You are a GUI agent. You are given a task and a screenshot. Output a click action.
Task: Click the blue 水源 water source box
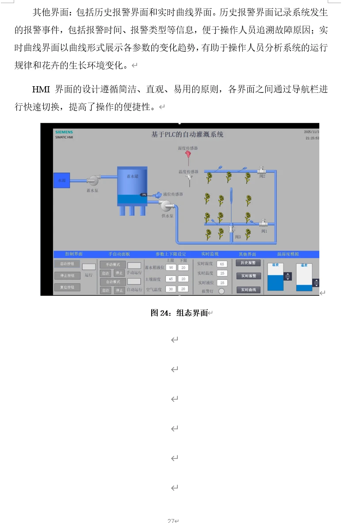(x=61, y=180)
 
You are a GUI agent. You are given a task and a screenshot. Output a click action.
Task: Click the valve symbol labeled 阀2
(x=261, y=170)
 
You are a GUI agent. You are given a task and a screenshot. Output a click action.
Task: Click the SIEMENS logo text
(x=64, y=132)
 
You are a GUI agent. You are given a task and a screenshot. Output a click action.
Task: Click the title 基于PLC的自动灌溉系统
(x=187, y=134)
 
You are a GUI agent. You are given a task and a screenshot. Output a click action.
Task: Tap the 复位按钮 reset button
(x=67, y=287)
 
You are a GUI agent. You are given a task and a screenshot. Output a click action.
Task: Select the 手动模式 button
(x=113, y=264)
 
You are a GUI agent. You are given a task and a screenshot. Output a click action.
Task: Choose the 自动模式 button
(x=113, y=282)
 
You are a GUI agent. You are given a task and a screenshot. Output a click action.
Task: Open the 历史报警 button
(x=248, y=263)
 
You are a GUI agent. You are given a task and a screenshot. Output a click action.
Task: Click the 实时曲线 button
(x=248, y=290)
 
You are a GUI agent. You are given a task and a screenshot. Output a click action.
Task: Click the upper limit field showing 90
(x=171, y=267)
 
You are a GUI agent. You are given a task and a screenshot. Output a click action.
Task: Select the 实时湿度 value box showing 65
(x=222, y=264)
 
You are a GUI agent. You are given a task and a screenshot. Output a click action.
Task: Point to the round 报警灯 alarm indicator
(x=222, y=291)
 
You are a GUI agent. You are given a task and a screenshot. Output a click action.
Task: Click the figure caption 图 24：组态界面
(x=179, y=313)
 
